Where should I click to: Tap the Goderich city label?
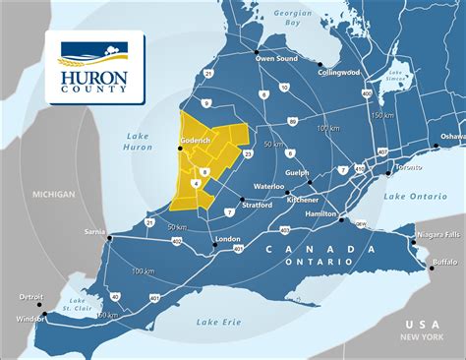pos(198,142)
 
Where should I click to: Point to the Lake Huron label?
pos(141,143)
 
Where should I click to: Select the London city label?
pos(227,239)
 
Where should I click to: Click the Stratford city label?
pos(258,206)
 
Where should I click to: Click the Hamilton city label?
pos(320,214)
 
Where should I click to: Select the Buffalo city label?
pos(444,262)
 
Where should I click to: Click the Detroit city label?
pos(31,296)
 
